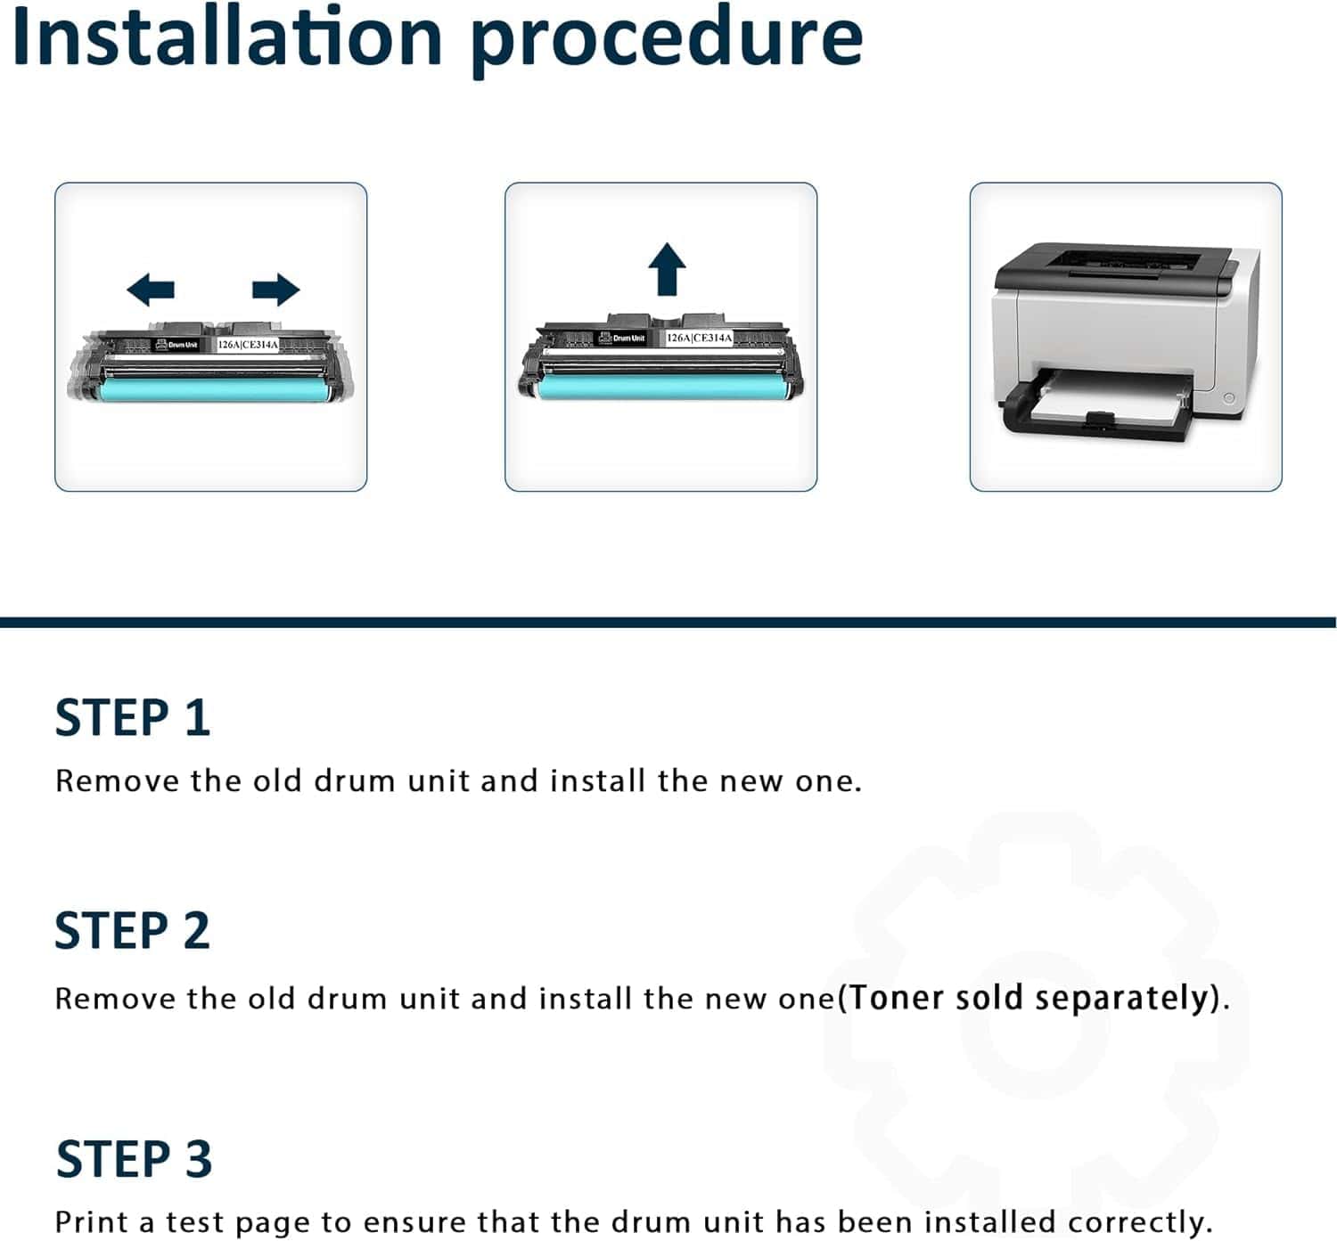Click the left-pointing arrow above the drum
[x=150, y=290]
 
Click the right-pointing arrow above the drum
[x=276, y=290]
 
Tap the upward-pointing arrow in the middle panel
[x=667, y=268]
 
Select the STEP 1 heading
[x=133, y=717]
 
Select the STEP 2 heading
[x=133, y=931]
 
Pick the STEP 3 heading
[x=134, y=1159]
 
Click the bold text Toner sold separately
[x=1029, y=998]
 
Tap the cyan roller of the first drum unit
[x=216, y=389]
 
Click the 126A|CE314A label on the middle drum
[x=699, y=338]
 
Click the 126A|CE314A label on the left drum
[x=248, y=345]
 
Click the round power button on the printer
[x=1228, y=397]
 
